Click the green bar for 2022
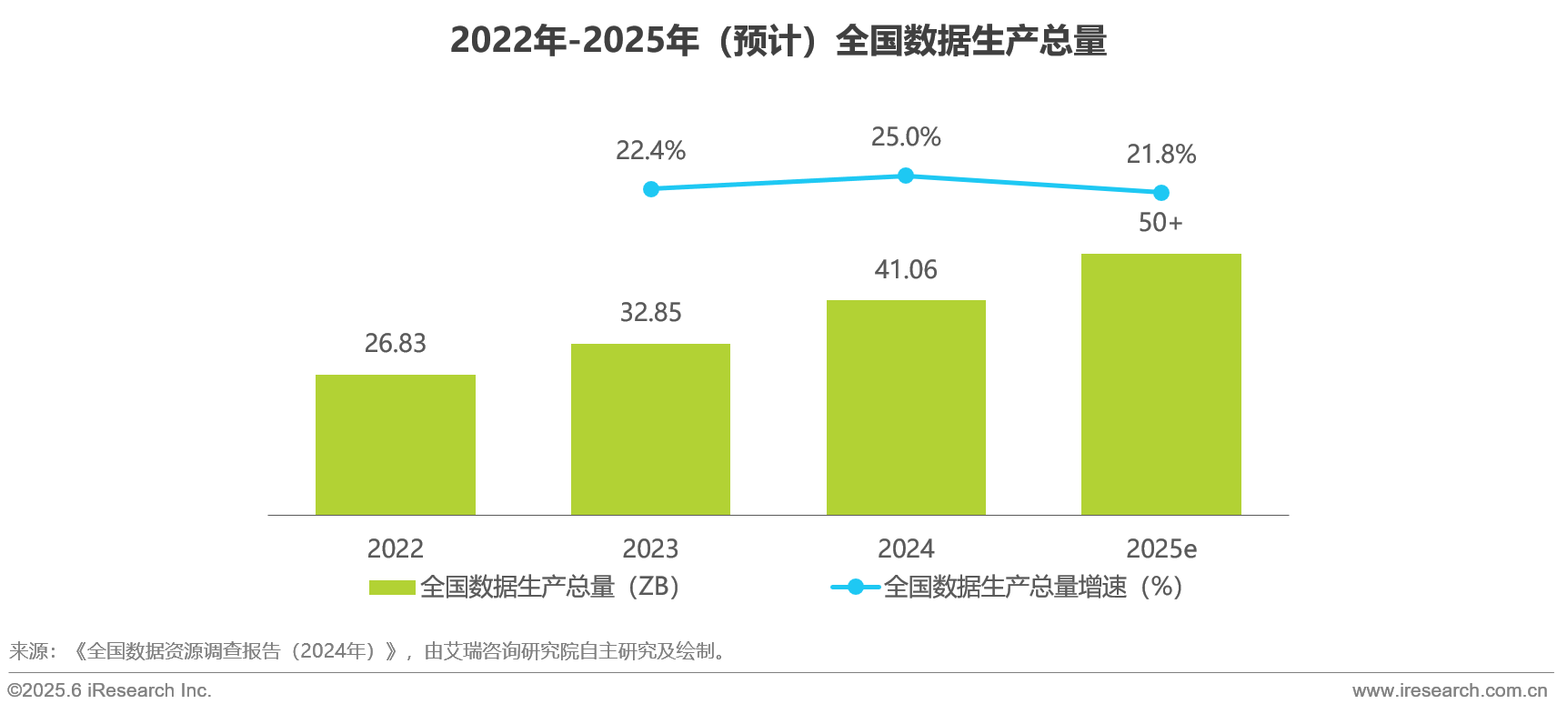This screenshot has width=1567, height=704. [x=395, y=445]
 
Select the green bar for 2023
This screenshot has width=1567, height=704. [x=650, y=429]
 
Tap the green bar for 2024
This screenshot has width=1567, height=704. [x=906, y=407]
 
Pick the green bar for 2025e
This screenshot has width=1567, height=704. [x=1160, y=384]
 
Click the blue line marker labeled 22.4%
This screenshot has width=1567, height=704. [x=651, y=189]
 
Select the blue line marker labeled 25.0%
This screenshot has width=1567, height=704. [x=906, y=176]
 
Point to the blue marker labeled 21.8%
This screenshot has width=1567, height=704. [x=1161, y=193]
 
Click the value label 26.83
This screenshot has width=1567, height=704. [x=395, y=343]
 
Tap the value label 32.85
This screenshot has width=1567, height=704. [x=650, y=312]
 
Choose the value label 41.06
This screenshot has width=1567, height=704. [x=906, y=269]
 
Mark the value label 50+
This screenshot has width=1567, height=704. [x=1160, y=222]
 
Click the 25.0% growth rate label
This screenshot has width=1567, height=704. [x=906, y=137]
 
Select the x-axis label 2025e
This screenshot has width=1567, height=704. [x=1161, y=548]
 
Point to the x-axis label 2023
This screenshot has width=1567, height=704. [x=650, y=548]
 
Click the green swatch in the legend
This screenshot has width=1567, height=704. [x=392, y=588]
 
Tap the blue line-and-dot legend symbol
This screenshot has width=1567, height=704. [x=855, y=588]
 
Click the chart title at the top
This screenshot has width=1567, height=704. [x=778, y=41]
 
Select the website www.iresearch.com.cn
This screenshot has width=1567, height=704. [x=1450, y=690]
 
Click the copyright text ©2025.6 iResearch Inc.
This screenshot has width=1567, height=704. [x=110, y=690]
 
